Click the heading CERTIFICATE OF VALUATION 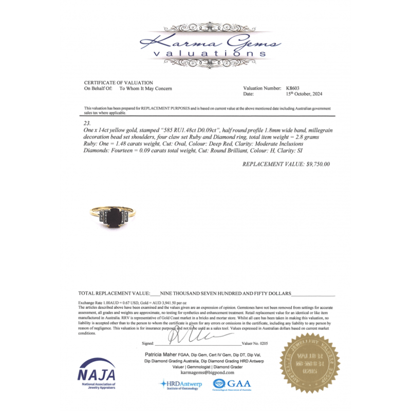(x=118, y=83)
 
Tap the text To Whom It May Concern (x=145, y=88)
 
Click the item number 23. (x=86, y=124)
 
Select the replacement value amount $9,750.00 (x=317, y=164)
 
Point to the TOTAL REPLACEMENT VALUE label (x=114, y=293)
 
